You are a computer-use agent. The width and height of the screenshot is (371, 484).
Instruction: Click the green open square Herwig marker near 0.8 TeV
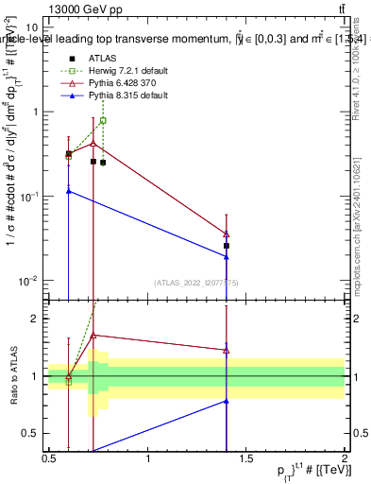point(103,120)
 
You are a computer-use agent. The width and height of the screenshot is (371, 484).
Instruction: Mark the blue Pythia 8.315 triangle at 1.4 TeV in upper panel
point(227,256)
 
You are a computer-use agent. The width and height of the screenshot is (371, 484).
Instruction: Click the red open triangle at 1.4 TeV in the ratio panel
point(227,350)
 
